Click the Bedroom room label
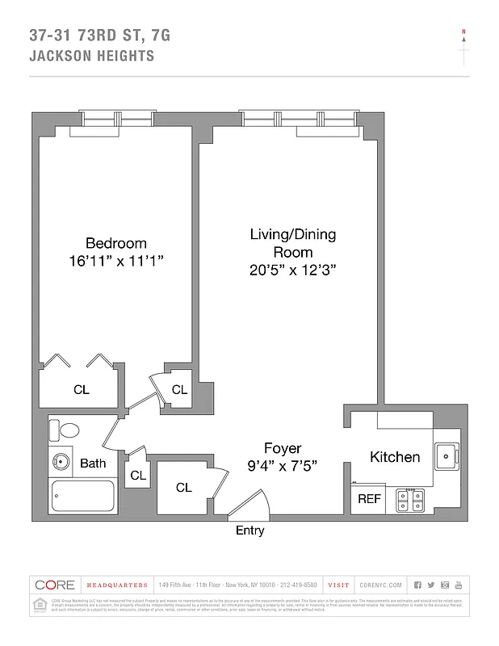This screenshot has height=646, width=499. [x=116, y=243]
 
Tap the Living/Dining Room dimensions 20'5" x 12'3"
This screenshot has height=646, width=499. [x=292, y=271]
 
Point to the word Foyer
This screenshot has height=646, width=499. [x=283, y=448]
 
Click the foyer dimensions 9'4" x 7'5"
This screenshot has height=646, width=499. [x=283, y=465]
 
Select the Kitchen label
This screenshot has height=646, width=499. [x=395, y=457]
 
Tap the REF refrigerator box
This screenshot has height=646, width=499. [x=369, y=499]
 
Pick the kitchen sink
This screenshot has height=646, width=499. [x=447, y=457]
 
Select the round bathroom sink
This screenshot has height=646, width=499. [x=61, y=464]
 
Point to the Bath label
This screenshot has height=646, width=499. [x=93, y=464]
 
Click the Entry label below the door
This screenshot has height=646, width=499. [x=249, y=531]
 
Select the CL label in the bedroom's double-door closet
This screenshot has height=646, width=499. [x=82, y=390]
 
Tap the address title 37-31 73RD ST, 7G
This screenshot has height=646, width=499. [x=99, y=36]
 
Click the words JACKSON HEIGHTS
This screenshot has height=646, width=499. [x=91, y=57]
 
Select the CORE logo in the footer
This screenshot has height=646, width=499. [x=55, y=585]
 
